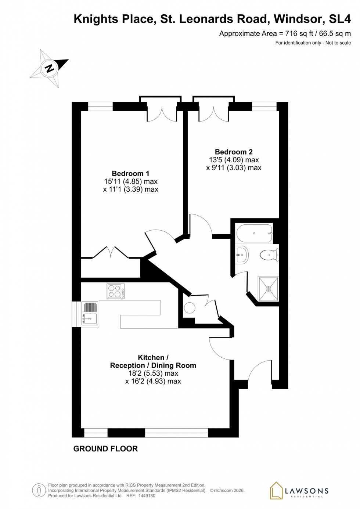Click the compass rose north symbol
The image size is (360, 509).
coord(49,68)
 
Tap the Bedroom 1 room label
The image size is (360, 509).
coord(130,173)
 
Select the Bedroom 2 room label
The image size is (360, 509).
coord(234,152)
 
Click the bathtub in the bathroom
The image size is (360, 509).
coord(254,233)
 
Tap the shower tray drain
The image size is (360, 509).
coord(269,289)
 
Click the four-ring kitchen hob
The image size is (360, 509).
coord(115,291)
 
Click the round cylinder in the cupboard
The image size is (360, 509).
coord(190,307)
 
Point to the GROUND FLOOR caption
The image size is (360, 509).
coord(105,448)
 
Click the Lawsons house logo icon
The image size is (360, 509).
coord(276,490)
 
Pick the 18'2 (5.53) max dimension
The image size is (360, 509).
coord(153,373)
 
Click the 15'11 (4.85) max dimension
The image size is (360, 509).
coord(131,181)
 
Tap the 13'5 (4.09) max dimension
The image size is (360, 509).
coord(234,160)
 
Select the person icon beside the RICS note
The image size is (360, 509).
coord(39,490)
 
